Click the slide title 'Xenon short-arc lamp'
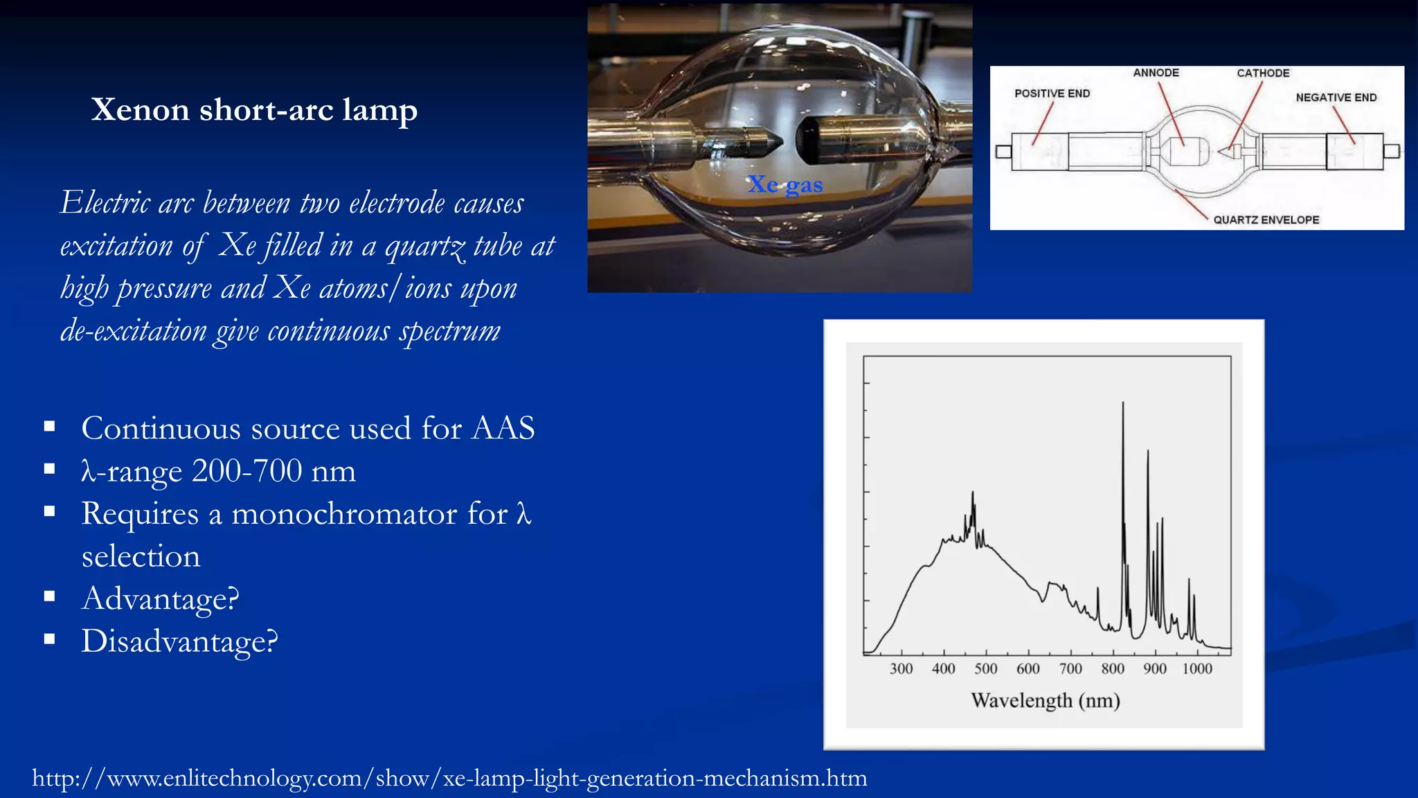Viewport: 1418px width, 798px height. pos(254,109)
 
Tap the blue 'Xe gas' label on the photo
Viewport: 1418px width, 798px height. pos(785,184)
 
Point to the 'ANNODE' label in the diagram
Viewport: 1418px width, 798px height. pos(1156,73)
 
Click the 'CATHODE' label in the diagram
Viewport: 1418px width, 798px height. pos(1263,73)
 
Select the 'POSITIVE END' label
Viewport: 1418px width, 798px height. pos(1052,94)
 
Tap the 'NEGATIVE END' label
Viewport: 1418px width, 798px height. pos(1336,98)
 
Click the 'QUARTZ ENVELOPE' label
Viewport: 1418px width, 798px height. pos(1266,220)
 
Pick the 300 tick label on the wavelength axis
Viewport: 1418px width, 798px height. pos(901,668)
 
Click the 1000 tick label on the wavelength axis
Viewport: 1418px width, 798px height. pos(1196,668)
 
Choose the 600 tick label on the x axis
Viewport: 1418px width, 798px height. pos(1027,668)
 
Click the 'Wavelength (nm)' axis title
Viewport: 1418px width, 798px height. pos(1045,700)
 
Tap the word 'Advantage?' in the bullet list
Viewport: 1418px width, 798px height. pos(160,598)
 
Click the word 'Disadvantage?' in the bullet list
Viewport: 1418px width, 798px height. pos(179,641)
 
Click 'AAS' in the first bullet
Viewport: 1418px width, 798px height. pos(503,428)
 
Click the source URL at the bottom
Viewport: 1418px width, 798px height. pos(449,778)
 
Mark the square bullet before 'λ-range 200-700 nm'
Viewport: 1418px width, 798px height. pos(49,469)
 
